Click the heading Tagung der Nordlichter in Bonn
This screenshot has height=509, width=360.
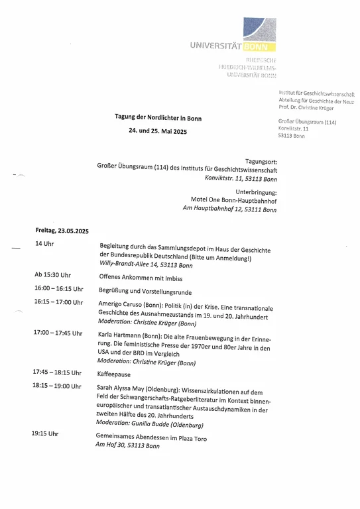click(158, 118)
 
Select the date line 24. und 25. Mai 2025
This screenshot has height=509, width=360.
click(158, 131)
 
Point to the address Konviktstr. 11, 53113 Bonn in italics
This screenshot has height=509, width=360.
click(241, 178)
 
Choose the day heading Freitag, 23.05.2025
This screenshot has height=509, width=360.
click(62, 231)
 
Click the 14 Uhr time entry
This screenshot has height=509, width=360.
click(44, 245)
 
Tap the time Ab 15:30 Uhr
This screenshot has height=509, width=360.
click(52, 275)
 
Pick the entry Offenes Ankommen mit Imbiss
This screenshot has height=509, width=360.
click(141, 278)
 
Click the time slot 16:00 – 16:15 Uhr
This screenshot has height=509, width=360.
click(58, 289)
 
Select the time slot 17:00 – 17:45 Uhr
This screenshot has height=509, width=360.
click(58, 333)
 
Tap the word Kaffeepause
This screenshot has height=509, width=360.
click(114, 374)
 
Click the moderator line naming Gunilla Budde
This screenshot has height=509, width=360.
click(150, 424)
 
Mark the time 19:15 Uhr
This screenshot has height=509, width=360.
click(45, 433)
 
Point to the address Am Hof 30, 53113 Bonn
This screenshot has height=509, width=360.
click(127, 446)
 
